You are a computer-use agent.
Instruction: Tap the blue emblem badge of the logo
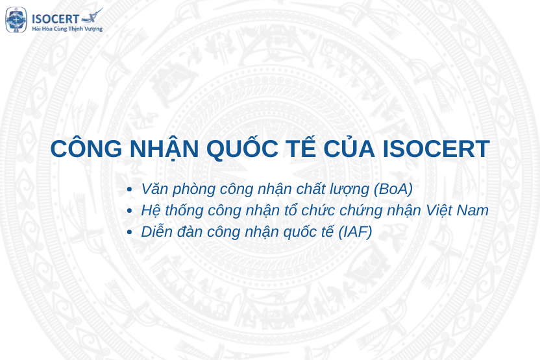click(x=16, y=20)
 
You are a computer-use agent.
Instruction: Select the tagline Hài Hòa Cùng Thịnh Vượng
click(x=67, y=29)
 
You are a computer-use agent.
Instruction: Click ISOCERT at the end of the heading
click(x=436, y=149)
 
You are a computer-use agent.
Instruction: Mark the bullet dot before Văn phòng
click(x=130, y=189)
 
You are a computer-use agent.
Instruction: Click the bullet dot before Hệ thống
click(x=130, y=211)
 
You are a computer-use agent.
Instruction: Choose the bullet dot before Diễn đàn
click(x=130, y=233)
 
